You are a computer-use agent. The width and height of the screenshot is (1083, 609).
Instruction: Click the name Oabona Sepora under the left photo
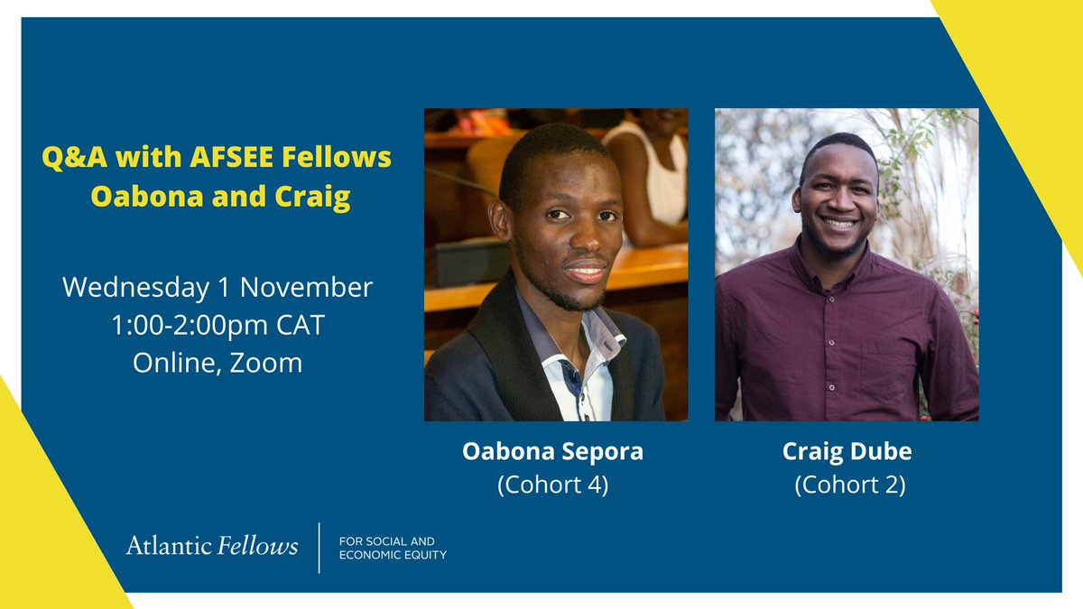(553, 451)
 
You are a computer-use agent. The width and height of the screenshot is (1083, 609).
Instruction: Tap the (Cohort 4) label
(553, 485)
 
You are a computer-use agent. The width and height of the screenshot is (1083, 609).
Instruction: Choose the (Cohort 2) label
(849, 485)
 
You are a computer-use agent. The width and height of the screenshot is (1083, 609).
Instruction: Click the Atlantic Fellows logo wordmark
(212, 546)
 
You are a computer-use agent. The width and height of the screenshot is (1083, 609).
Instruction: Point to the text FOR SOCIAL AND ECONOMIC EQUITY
(392, 548)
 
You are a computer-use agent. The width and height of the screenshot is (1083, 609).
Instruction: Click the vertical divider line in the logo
(319, 547)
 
